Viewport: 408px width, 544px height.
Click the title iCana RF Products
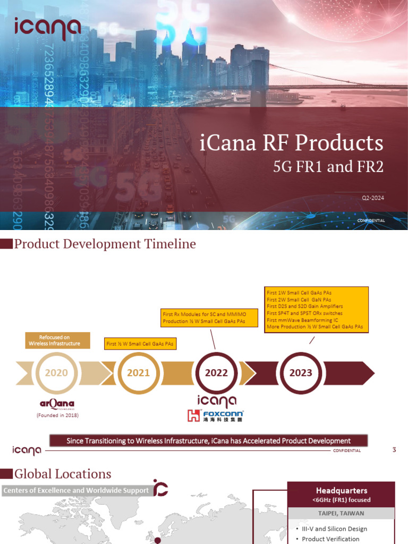click(292, 143)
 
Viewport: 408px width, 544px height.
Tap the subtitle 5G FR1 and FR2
click(328, 167)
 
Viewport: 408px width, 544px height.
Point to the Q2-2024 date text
click(372, 198)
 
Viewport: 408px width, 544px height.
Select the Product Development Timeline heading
click(105, 244)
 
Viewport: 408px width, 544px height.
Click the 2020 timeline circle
click(56, 373)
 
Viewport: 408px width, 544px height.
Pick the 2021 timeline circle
click(138, 373)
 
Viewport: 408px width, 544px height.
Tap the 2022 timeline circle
click(216, 373)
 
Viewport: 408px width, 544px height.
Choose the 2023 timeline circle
click(301, 373)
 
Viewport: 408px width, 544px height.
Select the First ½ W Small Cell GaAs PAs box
click(140, 344)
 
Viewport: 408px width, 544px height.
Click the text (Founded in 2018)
click(57, 415)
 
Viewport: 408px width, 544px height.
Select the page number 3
click(394, 450)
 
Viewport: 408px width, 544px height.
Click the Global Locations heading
click(63, 474)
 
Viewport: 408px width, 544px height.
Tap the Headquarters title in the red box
click(341, 490)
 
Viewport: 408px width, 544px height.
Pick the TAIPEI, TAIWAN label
click(341, 513)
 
